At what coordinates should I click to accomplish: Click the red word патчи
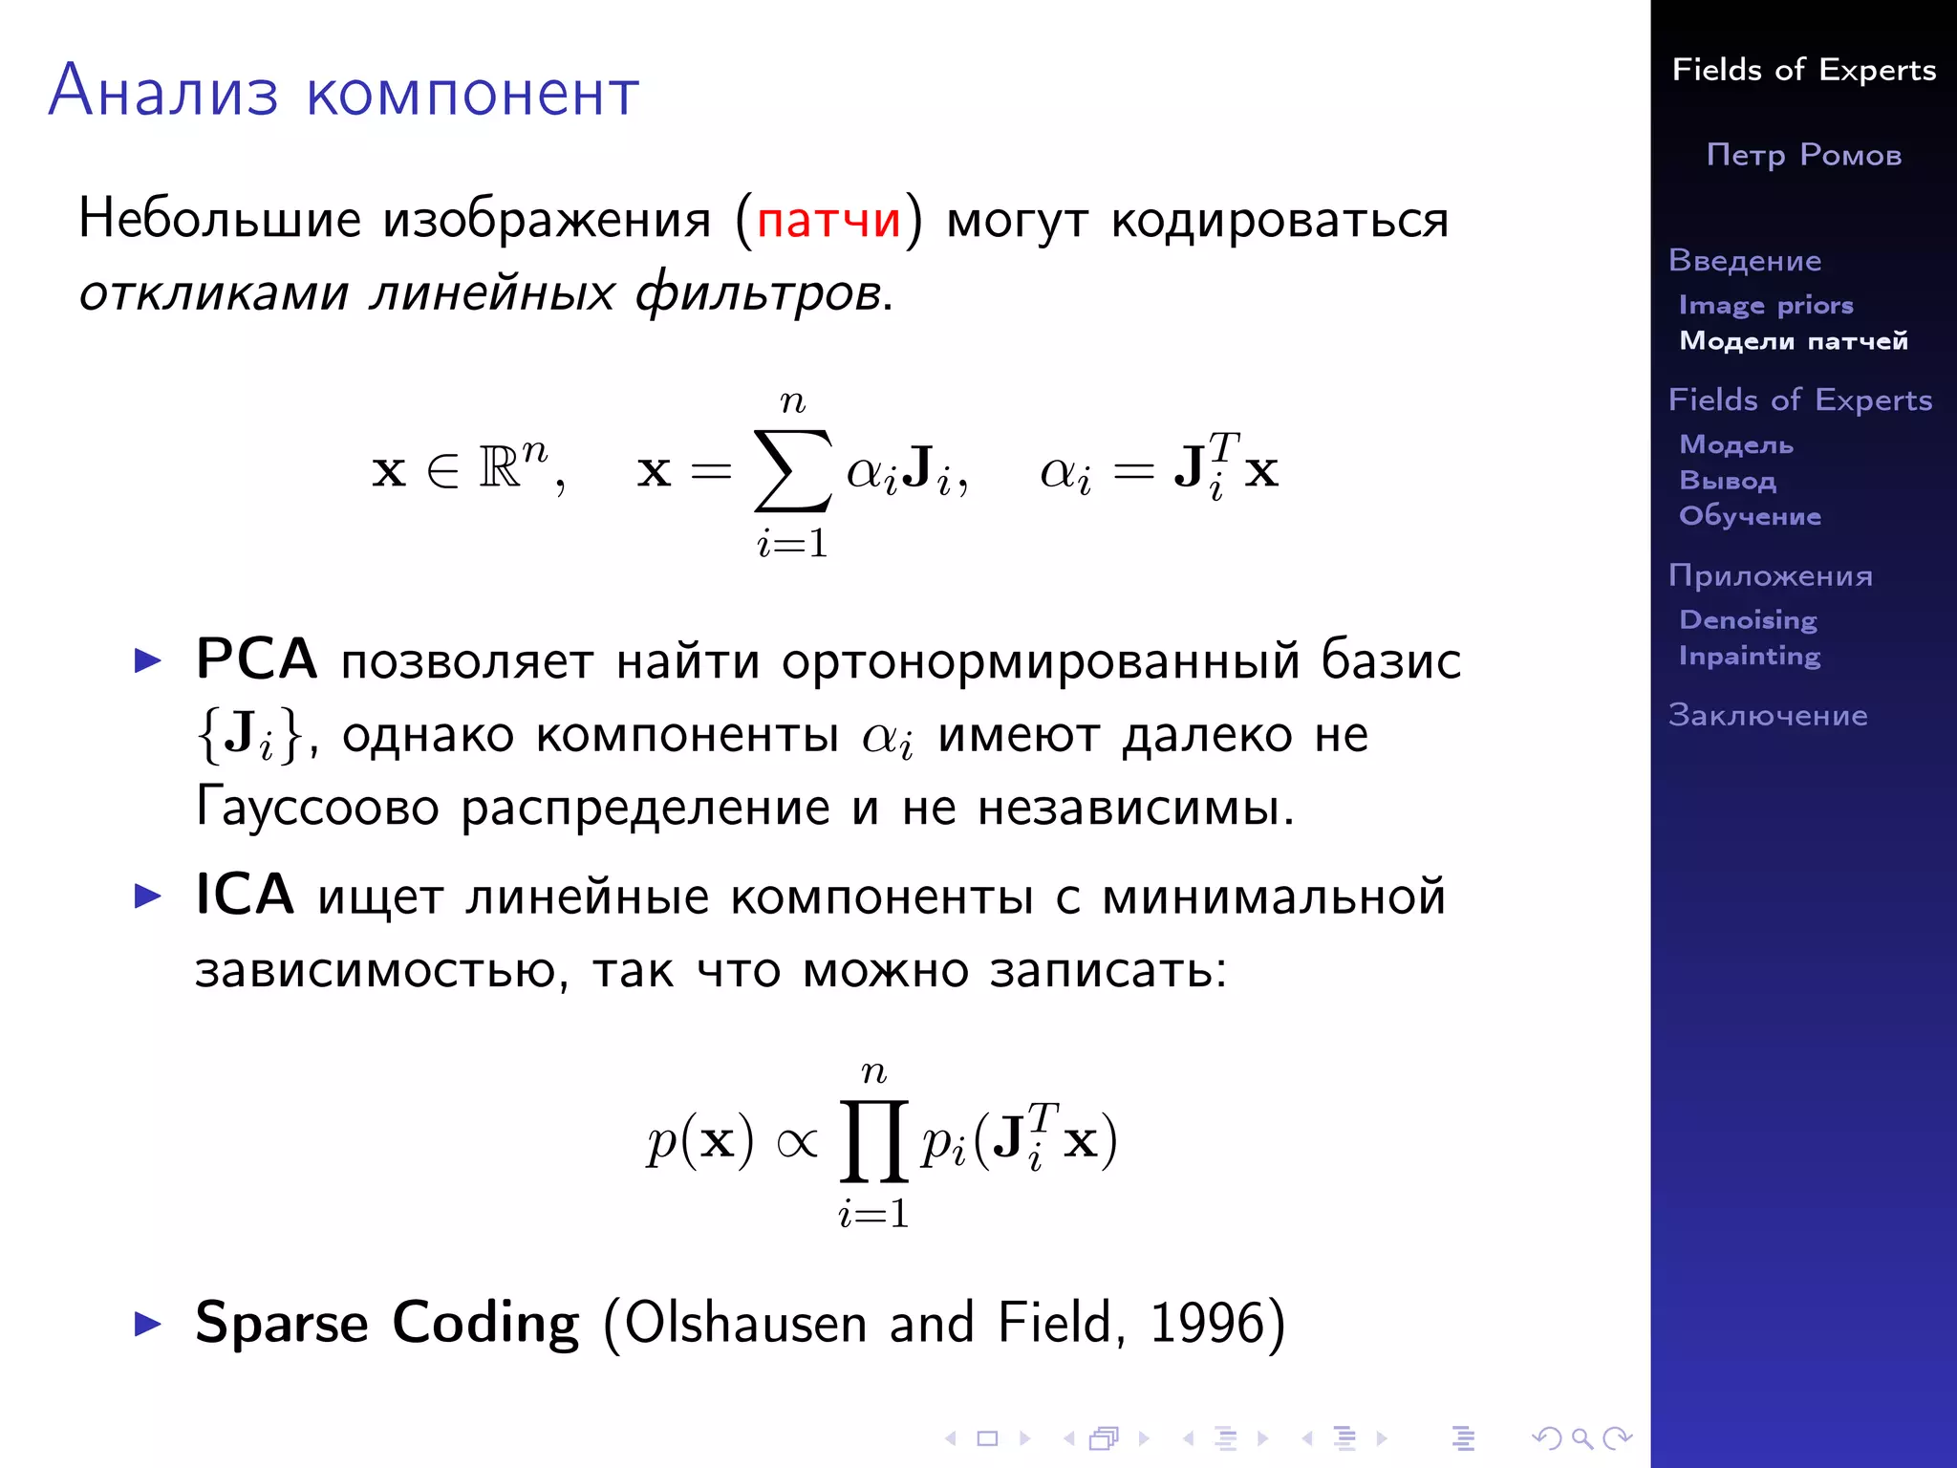coord(828,220)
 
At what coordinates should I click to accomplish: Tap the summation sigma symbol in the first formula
coord(792,470)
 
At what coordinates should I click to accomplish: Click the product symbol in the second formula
coord(873,1141)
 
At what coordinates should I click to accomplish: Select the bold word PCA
coord(256,659)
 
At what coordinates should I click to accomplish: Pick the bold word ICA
coord(245,896)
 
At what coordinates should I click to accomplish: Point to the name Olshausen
coord(744,1323)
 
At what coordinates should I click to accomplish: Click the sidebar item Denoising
coord(1748,619)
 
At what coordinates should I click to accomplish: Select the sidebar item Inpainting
coord(1750,656)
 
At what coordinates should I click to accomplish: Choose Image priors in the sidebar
coord(1766,305)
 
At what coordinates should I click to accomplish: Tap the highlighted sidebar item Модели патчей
coord(1794,341)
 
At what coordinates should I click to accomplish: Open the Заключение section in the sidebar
coord(1768,715)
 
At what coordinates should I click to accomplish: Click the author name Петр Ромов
coord(1804,155)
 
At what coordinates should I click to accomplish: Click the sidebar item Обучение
coord(1750,516)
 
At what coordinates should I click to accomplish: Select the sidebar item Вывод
coord(1728,480)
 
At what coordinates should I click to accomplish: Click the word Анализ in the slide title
coord(163,92)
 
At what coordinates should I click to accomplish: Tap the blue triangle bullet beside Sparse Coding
coord(148,1324)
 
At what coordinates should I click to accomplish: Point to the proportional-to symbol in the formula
coord(798,1142)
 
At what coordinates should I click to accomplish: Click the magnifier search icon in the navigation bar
coord(1581,1437)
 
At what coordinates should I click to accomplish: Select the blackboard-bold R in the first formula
coord(500,467)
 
